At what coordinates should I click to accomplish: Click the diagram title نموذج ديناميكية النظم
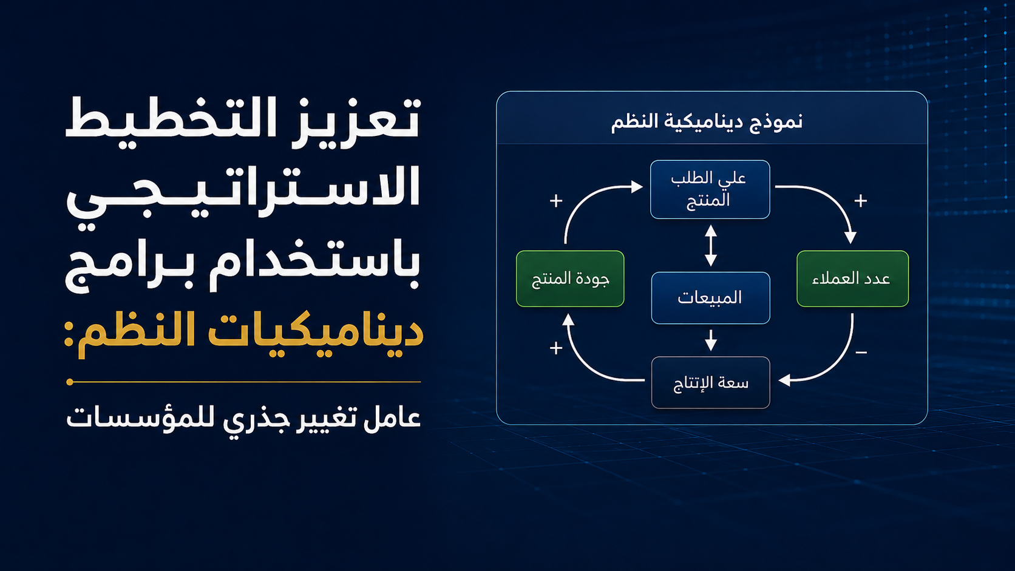click(707, 122)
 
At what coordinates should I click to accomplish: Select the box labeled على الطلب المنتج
click(710, 189)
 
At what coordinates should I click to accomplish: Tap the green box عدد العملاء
click(852, 279)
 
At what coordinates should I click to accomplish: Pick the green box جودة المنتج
click(570, 279)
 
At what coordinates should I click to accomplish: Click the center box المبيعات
click(710, 297)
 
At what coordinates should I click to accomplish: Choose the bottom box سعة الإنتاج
click(710, 383)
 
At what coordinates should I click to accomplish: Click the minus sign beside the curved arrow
click(861, 353)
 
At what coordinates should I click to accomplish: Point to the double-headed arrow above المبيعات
click(711, 245)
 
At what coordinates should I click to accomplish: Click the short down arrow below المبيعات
click(711, 340)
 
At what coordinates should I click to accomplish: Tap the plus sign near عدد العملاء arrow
click(860, 201)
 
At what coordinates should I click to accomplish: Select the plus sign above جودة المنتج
click(556, 201)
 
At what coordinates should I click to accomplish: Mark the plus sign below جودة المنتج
click(556, 348)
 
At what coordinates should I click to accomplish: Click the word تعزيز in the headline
click(356, 119)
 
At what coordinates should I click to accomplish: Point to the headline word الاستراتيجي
click(243, 192)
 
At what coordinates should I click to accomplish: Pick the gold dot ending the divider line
click(70, 382)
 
